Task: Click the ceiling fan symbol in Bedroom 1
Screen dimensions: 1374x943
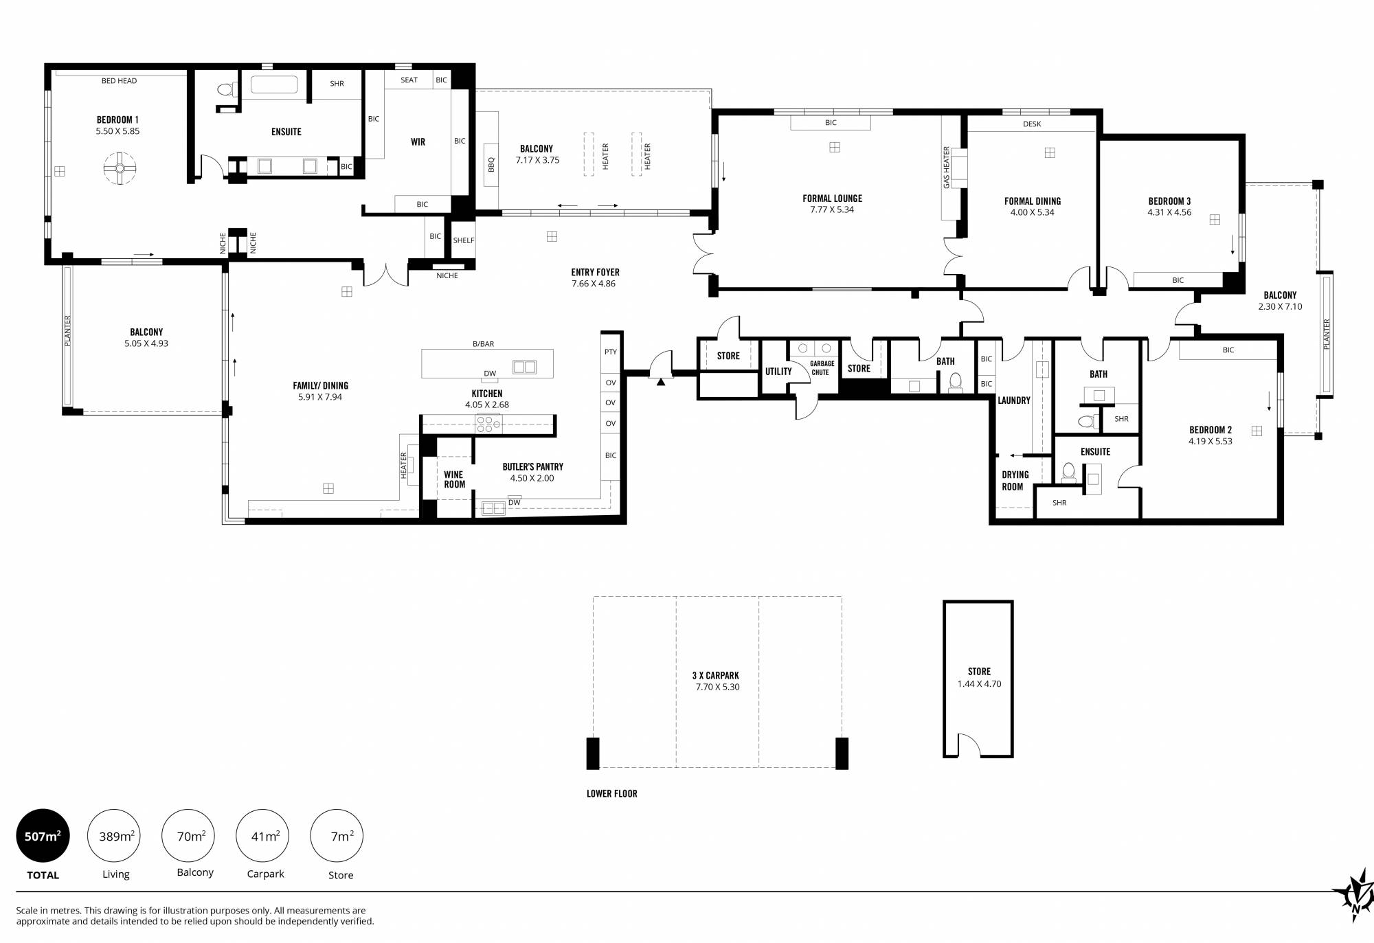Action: (120, 168)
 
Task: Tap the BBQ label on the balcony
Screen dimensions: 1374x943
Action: (491, 165)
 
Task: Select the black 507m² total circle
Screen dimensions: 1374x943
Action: (43, 836)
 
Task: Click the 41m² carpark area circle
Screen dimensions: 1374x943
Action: (265, 836)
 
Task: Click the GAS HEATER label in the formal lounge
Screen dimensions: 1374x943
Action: (946, 168)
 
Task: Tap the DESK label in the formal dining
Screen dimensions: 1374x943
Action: (1032, 124)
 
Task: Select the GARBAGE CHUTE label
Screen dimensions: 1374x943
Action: (822, 368)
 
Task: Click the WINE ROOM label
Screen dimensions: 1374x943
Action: (454, 479)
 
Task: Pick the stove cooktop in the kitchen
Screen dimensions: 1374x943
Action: (488, 424)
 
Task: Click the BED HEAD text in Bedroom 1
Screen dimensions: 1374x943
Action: (119, 81)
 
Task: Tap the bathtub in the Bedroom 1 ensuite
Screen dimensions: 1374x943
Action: (274, 84)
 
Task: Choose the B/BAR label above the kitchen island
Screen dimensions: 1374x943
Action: (483, 344)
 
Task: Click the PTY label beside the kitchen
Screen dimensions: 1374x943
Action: (611, 352)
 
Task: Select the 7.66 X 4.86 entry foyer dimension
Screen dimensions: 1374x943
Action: (594, 284)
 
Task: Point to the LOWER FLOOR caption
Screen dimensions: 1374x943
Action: (611, 794)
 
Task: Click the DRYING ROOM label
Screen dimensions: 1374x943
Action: (1015, 481)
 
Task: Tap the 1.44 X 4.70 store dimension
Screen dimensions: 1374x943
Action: (979, 684)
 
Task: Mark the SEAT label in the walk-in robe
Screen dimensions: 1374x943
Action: (409, 80)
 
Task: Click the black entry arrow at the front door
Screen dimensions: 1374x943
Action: (660, 382)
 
